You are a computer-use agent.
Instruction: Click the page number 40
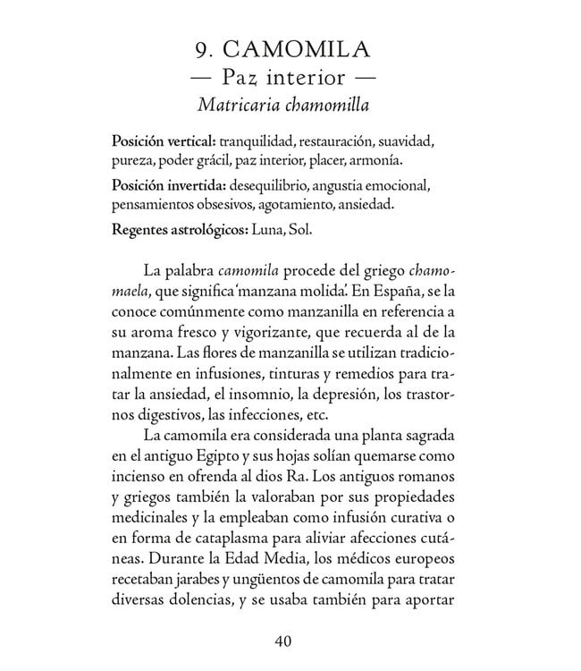pos(285,641)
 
